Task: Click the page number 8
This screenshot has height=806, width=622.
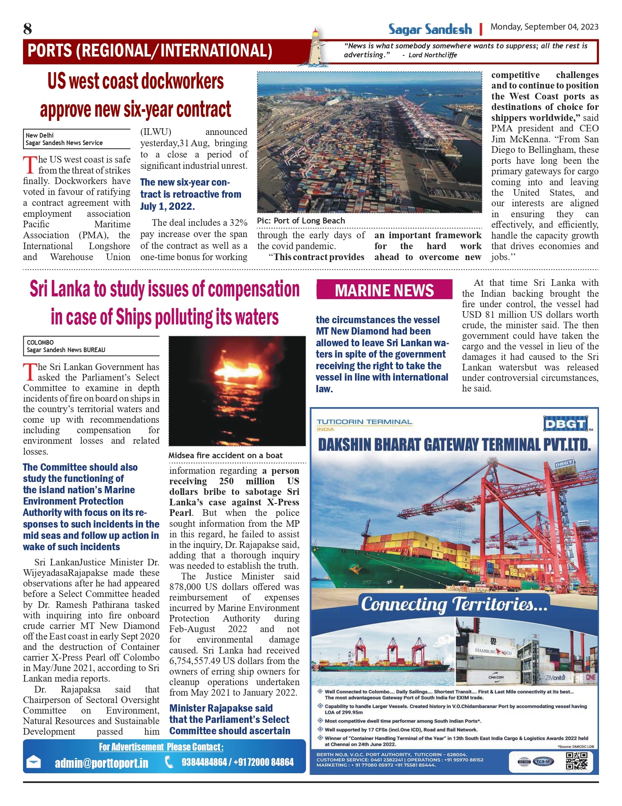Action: pyautogui.click(x=27, y=29)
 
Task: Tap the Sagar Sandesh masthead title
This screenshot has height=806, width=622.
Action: pyautogui.click(x=430, y=29)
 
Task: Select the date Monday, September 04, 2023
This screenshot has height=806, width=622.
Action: pyautogui.click(x=544, y=27)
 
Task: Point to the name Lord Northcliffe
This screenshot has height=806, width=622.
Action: pyautogui.click(x=432, y=55)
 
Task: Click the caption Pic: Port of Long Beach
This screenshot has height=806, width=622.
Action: pyautogui.click(x=301, y=221)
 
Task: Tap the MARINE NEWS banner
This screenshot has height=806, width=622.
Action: pyautogui.click(x=384, y=291)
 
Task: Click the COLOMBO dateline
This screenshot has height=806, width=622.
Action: pyautogui.click(x=40, y=342)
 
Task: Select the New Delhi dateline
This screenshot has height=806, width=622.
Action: pyautogui.click(x=39, y=135)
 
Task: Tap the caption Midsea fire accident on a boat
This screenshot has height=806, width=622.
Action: pyautogui.click(x=225, y=455)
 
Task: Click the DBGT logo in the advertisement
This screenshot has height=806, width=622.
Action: pyautogui.click(x=565, y=424)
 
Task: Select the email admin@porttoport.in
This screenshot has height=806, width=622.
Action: pyautogui.click(x=101, y=763)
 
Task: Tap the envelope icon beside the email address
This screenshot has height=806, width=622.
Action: pyautogui.click(x=33, y=762)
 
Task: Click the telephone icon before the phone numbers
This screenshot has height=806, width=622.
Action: pyautogui.click(x=169, y=762)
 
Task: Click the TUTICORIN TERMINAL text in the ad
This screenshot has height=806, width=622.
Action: pyautogui.click(x=364, y=422)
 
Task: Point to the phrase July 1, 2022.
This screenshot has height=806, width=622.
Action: pyautogui.click(x=167, y=206)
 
